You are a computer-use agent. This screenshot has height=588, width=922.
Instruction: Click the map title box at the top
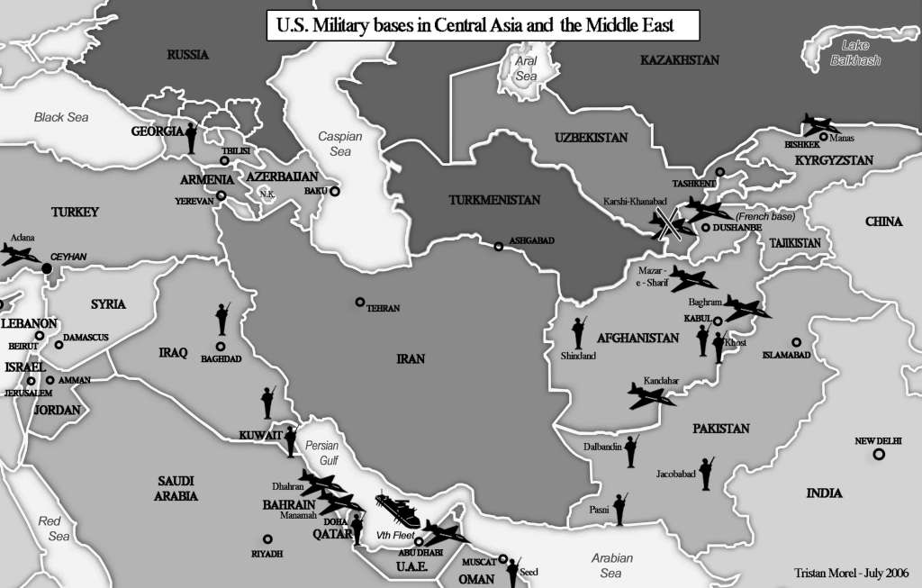[x=483, y=26]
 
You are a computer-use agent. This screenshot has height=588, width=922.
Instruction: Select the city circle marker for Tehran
[x=360, y=303]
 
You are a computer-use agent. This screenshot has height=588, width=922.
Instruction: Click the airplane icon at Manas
[x=819, y=124]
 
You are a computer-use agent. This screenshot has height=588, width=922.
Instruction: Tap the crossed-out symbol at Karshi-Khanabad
[x=667, y=223]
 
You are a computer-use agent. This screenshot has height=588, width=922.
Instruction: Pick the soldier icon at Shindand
[x=579, y=332]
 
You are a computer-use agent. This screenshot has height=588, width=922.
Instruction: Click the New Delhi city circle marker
[x=878, y=455]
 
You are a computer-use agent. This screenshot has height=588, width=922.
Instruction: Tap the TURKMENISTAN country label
[x=494, y=200]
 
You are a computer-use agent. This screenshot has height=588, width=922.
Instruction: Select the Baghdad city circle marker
[x=220, y=347]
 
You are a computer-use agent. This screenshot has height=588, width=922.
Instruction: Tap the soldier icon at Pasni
[x=619, y=509]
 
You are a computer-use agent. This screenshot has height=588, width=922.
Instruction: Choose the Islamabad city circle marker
[x=796, y=342]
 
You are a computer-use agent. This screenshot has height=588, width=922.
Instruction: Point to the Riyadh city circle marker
[x=266, y=538]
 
